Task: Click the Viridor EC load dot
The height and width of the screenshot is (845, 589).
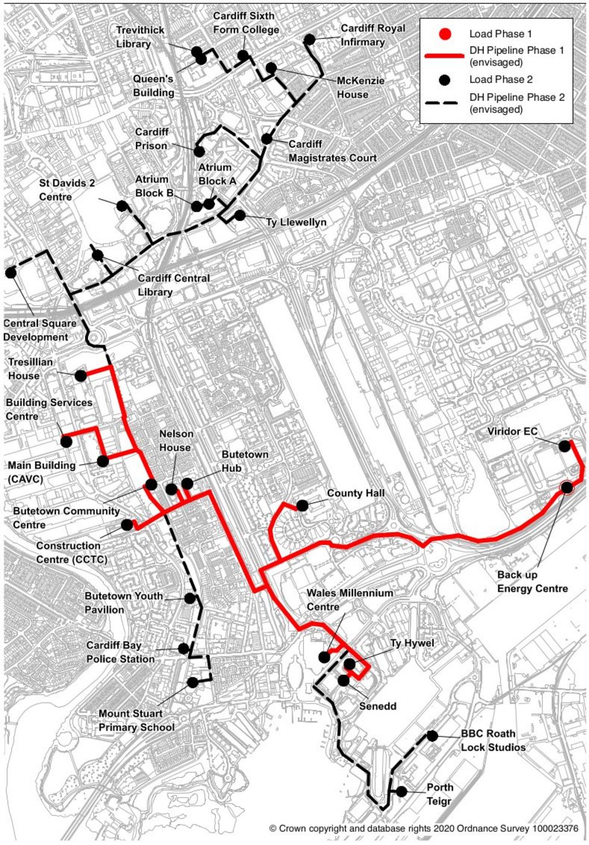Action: [x=564, y=446]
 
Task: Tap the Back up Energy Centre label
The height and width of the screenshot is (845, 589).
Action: [x=532, y=581]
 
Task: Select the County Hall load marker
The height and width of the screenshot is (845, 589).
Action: [x=302, y=505]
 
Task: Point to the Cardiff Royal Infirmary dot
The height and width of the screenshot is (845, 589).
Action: [x=310, y=40]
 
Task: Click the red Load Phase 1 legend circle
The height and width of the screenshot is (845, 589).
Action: [x=445, y=34]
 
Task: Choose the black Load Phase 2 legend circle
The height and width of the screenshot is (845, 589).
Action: [x=445, y=79]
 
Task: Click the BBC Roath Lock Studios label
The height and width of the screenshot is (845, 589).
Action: [x=492, y=741]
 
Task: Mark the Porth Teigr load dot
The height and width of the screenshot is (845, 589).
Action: [x=401, y=791]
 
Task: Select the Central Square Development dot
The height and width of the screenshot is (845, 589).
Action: [x=10, y=272]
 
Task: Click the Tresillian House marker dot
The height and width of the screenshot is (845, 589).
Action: [x=81, y=376]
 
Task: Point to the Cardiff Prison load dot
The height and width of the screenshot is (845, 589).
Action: [x=199, y=151]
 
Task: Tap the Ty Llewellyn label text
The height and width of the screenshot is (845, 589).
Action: [x=296, y=223]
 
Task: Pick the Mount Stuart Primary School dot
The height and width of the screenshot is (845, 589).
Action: [x=193, y=683]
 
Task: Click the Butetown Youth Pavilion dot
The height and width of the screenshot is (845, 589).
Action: [x=190, y=598]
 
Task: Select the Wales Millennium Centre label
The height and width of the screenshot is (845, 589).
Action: [x=349, y=600]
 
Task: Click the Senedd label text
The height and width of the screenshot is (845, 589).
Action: [x=378, y=706]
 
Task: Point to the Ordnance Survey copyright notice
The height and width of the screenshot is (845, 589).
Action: [x=424, y=829]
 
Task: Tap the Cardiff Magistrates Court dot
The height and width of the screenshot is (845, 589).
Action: [x=267, y=139]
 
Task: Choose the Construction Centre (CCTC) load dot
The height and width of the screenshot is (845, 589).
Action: [x=127, y=525]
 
